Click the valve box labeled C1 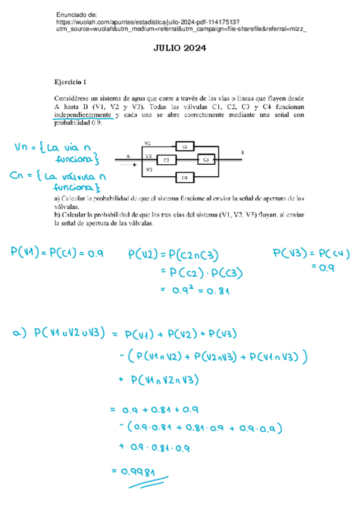[185, 147]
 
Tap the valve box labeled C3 [206, 159]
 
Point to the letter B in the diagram [242, 153]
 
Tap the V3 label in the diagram [148, 170]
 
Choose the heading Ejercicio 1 [70, 82]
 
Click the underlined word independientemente [83, 114]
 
